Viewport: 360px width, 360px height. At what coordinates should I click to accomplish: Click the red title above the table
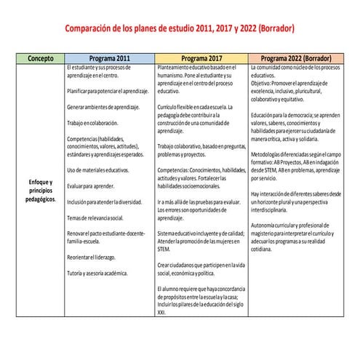(x=180, y=28)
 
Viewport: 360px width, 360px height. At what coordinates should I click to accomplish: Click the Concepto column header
(x=35, y=57)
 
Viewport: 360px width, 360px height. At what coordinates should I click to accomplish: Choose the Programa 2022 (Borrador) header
(x=297, y=57)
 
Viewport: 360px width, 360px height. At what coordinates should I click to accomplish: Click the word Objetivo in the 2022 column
(x=262, y=82)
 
